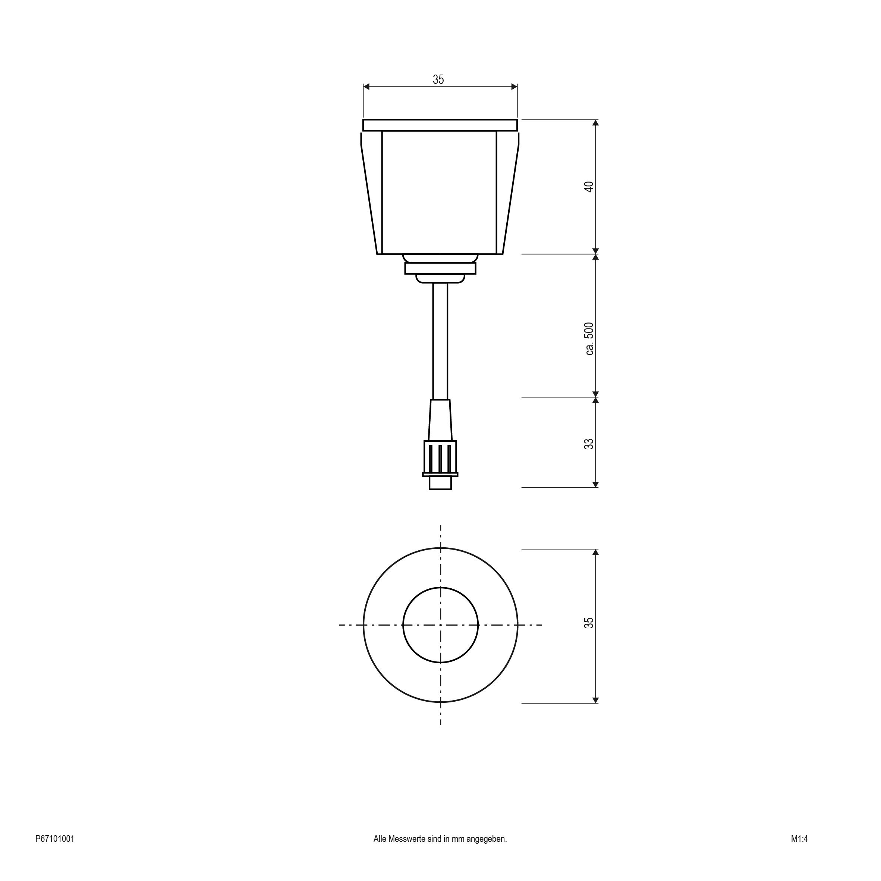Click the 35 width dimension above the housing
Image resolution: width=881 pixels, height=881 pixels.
(x=438, y=79)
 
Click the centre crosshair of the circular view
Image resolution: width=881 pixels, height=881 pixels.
(x=441, y=625)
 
